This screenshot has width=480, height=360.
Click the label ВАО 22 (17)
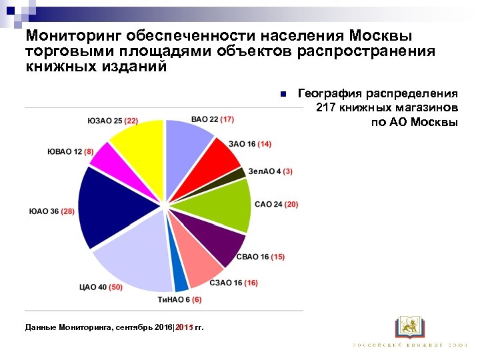point(212,119)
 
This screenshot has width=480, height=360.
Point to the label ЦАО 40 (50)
point(101,288)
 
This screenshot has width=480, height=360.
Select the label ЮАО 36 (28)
point(51,211)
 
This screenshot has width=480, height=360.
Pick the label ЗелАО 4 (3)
point(270,171)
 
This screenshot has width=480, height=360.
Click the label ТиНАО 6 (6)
point(179,300)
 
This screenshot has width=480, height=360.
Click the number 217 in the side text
point(327,107)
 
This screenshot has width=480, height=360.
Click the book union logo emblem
point(409,327)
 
